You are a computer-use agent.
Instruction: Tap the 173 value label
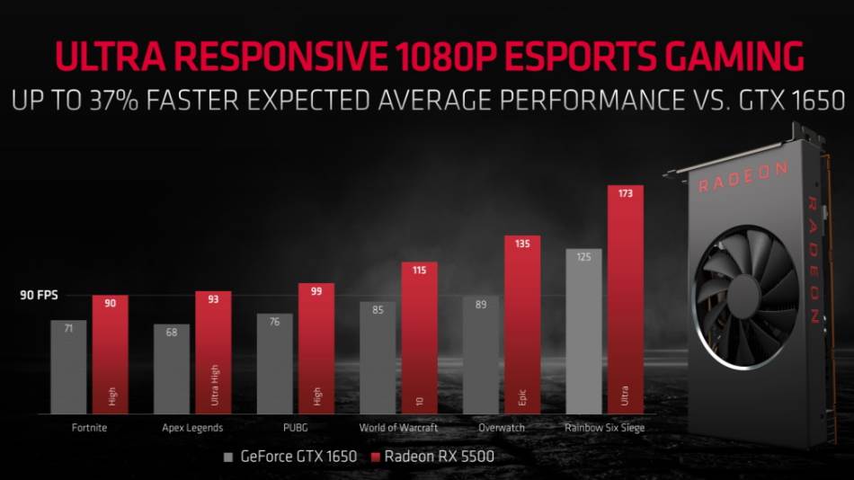pos(626,193)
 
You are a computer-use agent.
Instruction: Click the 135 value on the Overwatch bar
pos(522,243)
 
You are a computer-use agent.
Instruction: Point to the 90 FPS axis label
pos(40,294)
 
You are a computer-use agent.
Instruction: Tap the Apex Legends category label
pos(192,428)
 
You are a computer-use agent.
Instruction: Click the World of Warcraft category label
pos(398,428)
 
